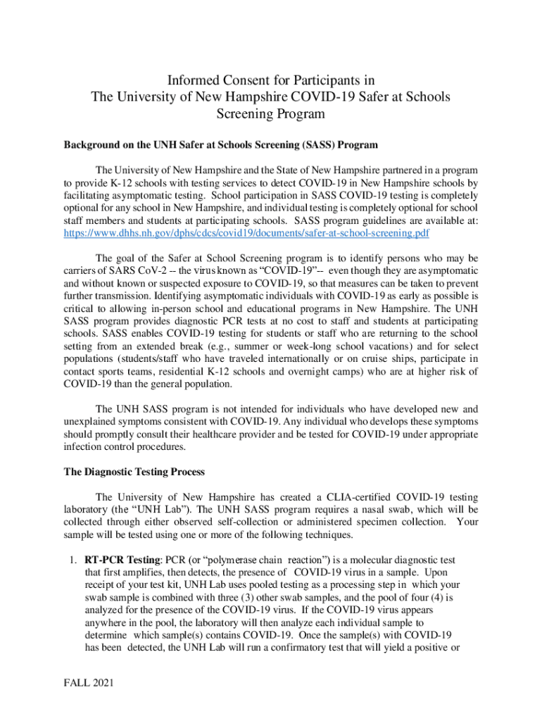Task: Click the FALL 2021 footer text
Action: click(x=89, y=682)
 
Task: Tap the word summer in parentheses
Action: click(x=260, y=346)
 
